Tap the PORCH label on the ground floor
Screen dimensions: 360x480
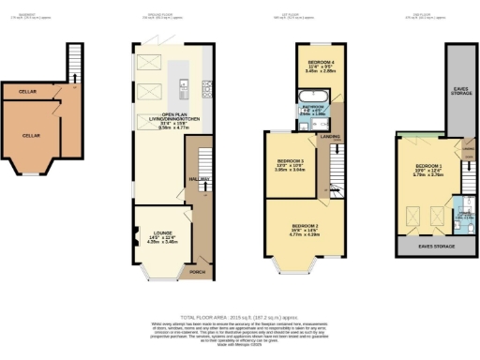[x=197, y=273]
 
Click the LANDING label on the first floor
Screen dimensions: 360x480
[x=331, y=137]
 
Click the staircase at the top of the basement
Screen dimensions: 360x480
[x=72, y=62]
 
